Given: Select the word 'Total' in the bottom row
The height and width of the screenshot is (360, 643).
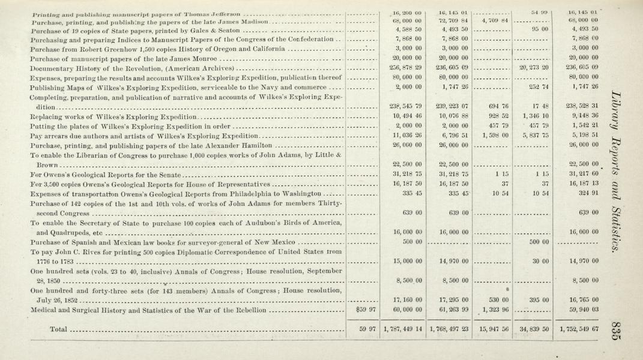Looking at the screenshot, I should click(x=58, y=329).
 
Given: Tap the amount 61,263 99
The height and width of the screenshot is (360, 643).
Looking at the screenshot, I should click(x=449, y=310).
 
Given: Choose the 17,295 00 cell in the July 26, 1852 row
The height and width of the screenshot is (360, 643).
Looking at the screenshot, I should click(x=449, y=300).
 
